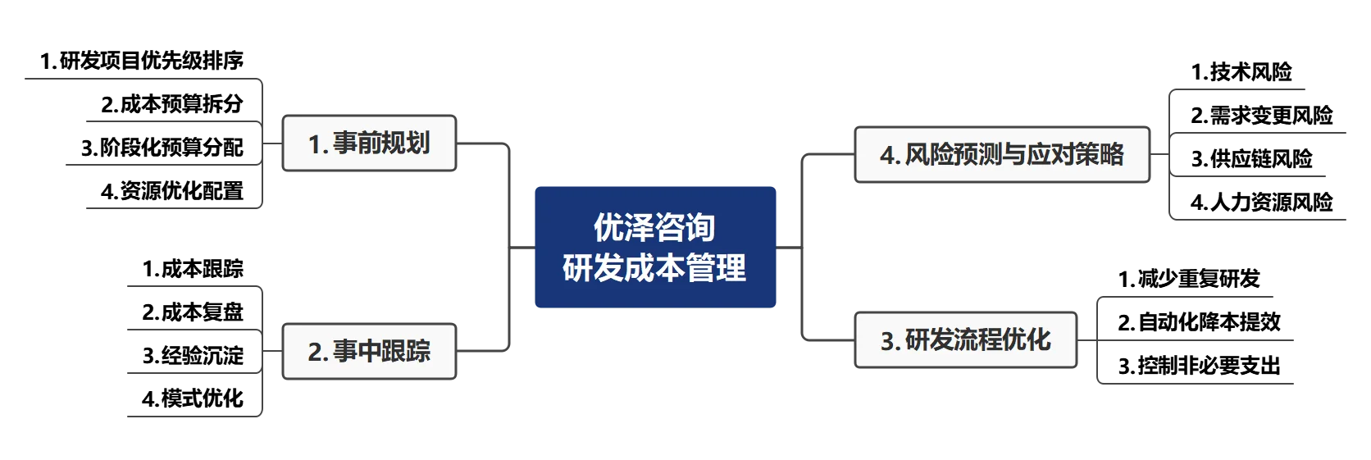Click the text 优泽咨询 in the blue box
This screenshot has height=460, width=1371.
pyautogui.click(x=654, y=228)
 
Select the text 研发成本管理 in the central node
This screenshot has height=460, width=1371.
pyautogui.click(x=654, y=268)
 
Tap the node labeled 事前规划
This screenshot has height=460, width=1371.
pyautogui.click(x=370, y=143)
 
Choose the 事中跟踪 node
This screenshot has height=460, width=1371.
pyautogui.click(x=370, y=351)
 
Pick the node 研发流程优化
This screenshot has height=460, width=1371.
pyautogui.click(x=965, y=340)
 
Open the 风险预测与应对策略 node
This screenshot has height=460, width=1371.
pyautogui.click(x=1002, y=154)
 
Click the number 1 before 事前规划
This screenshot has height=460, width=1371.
pyautogui.click(x=314, y=144)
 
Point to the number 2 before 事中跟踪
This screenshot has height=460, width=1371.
pyautogui.click(x=314, y=352)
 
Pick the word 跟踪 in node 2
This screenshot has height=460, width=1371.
pyautogui.click(x=410, y=351)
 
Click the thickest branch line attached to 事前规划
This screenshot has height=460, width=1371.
pyautogui.click(x=139, y=79)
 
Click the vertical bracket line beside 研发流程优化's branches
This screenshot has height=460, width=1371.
pyautogui.click(x=1097, y=340)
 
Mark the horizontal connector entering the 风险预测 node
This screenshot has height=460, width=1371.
pyautogui.click(x=828, y=153)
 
